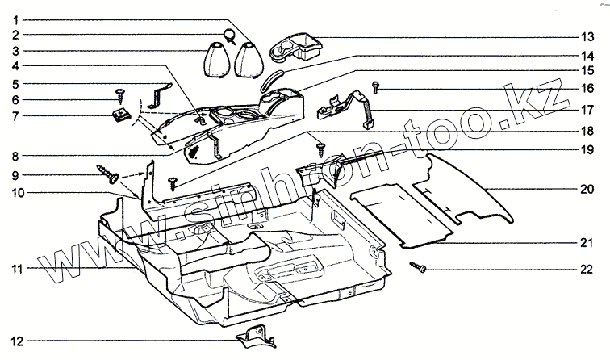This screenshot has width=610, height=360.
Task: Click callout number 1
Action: (x=16, y=19)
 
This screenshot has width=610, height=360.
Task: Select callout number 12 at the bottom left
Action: (x=16, y=341)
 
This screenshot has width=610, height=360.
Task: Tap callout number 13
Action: (x=588, y=37)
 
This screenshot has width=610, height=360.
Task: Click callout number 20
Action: (x=588, y=190)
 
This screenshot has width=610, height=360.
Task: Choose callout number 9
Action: (x=16, y=174)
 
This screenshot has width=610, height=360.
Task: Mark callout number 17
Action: (x=588, y=109)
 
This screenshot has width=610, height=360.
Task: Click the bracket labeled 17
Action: (x=353, y=105)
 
